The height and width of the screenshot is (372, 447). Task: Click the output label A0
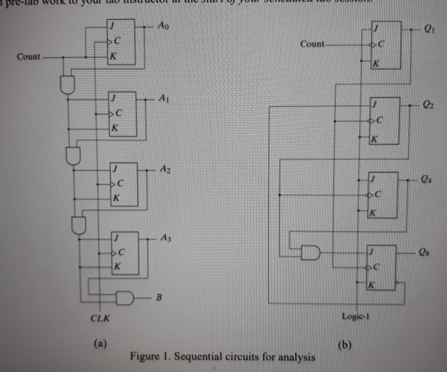(x=163, y=25)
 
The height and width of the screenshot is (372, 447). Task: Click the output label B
(x=159, y=298)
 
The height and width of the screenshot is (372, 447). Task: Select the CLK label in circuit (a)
(x=101, y=318)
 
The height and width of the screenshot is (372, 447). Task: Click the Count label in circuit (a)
(x=28, y=57)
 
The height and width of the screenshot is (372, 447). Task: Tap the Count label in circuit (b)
(x=312, y=44)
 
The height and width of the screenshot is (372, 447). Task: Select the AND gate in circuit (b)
(x=310, y=252)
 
